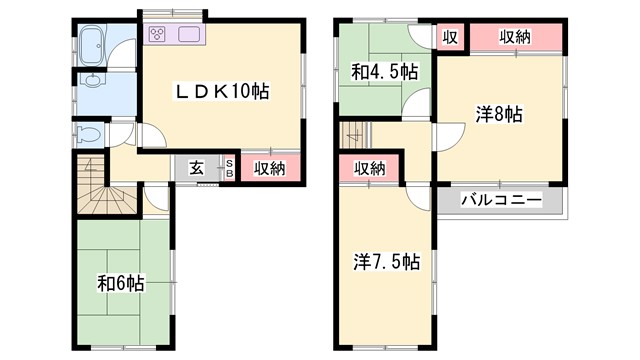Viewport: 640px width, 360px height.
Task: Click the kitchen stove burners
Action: (160, 36)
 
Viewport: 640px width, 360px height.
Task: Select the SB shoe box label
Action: (228, 167)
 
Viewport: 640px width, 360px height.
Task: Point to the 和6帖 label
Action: (121, 282)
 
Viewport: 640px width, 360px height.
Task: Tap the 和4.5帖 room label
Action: (384, 73)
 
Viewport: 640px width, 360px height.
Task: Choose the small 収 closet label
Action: (450, 37)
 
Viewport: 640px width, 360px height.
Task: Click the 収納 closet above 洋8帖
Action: (515, 37)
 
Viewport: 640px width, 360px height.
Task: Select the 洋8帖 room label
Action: (498, 114)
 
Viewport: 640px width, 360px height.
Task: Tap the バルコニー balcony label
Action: (501, 199)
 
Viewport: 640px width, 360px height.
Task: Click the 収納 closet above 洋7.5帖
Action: (369, 168)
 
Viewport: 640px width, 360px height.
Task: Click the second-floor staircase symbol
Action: (354, 133)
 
